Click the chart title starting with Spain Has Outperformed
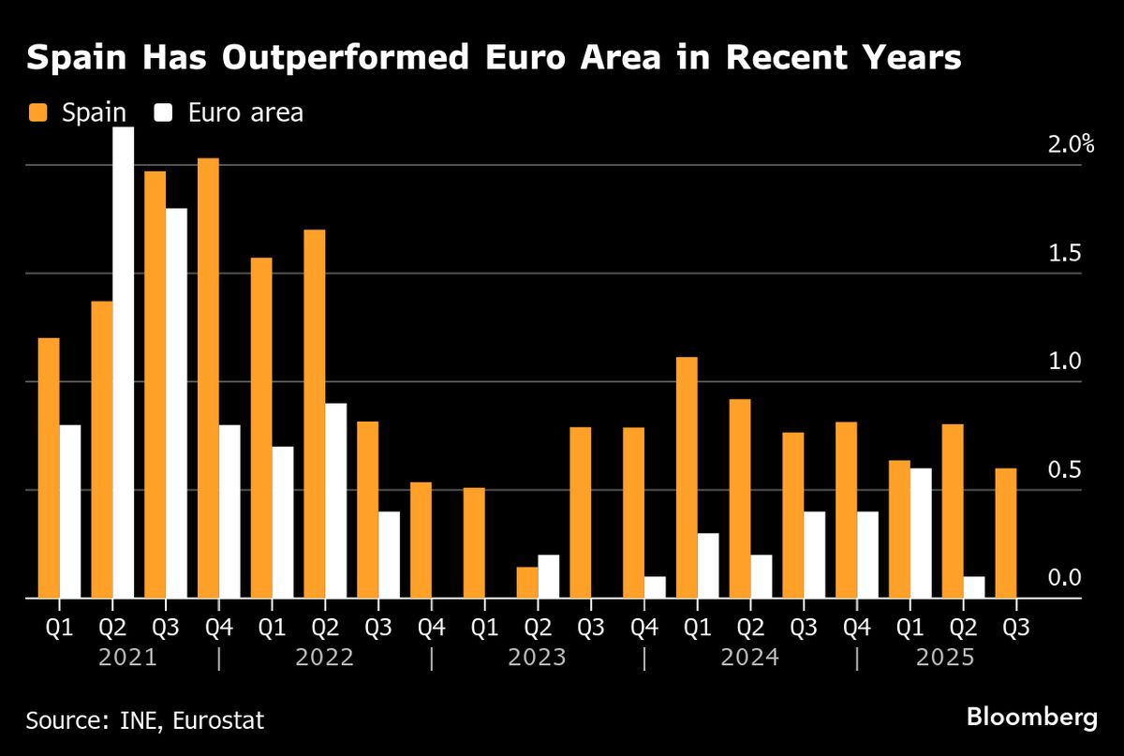pyautogui.click(x=494, y=58)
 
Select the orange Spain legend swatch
pyautogui.click(x=38, y=113)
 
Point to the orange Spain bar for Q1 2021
pyautogui.click(x=49, y=467)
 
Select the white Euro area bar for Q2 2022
pyautogui.click(x=335, y=500)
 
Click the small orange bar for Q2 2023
pyautogui.click(x=527, y=582)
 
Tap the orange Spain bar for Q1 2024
pyautogui.click(x=687, y=477)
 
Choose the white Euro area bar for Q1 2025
pyautogui.click(x=921, y=533)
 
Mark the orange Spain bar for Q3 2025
pyautogui.click(x=1006, y=533)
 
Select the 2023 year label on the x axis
pyautogui.click(x=537, y=658)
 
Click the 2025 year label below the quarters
pyautogui.click(x=944, y=658)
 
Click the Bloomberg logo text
pyautogui.click(x=1031, y=719)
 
